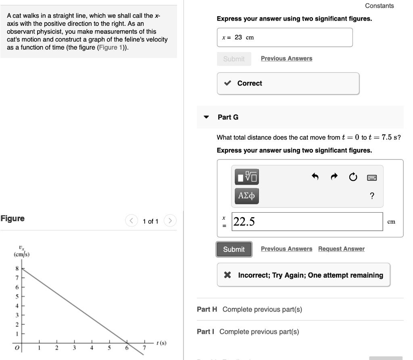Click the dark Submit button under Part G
point(234,249)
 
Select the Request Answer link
point(341,249)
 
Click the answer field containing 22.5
point(307,222)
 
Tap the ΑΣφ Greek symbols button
point(246,196)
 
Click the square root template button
point(246,176)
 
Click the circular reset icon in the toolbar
point(353,177)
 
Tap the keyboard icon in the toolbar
point(372,177)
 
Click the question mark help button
point(372,196)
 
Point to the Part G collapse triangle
point(206,117)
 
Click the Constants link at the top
point(379,6)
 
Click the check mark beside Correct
point(227,83)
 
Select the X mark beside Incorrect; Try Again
point(227,275)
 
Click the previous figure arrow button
point(131,221)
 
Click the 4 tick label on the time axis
point(92,348)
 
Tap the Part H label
point(207,310)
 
